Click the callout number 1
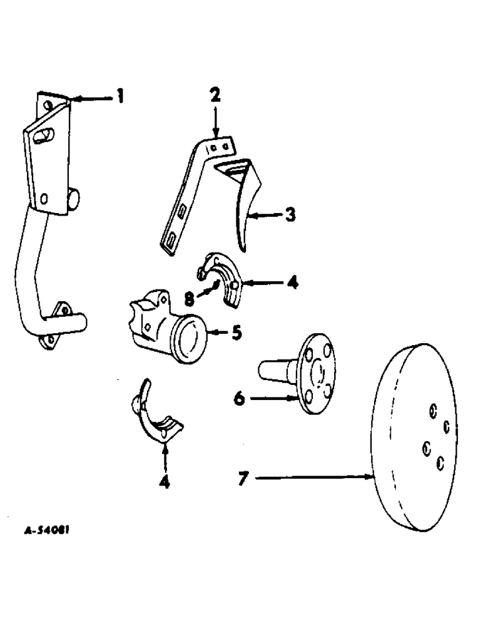pyautogui.click(x=119, y=97)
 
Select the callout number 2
pyautogui.click(x=215, y=96)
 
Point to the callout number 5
pyautogui.click(x=236, y=332)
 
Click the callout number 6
pyautogui.click(x=239, y=398)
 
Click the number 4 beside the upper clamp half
pyautogui.click(x=292, y=282)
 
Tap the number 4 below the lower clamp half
pyautogui.click(x=165, y=483)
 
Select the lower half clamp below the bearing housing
pyautogui.click(x=156, y=416)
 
